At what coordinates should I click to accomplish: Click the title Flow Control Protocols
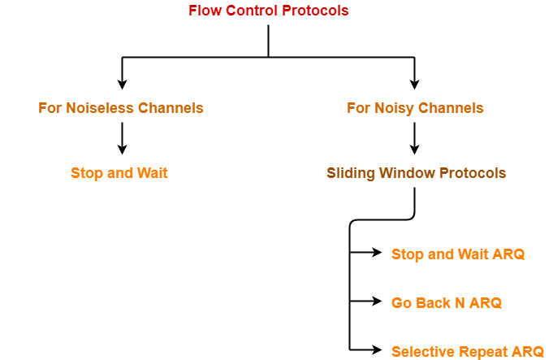point(268,11)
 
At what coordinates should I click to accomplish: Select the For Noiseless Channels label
point(121,108)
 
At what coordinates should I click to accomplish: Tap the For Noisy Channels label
point(415,108)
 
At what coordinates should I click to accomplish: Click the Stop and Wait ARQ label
point(458,254)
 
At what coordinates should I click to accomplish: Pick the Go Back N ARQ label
point(447,303)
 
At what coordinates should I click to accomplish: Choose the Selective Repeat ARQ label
point(467,352)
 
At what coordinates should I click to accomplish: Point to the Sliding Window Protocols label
point(416,173)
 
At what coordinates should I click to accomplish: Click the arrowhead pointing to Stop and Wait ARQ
point(377,254)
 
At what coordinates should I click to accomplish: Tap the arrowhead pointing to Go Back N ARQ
point(377,302)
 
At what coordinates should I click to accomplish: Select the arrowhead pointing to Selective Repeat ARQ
point(377,351)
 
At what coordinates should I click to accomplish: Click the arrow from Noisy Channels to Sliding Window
point(415,139)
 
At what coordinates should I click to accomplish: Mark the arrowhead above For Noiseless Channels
point(122,84)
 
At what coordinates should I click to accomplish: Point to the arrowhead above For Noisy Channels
point(415,84)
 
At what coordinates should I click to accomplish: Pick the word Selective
point(422,352)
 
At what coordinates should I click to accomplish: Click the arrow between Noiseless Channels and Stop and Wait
point(122,139)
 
